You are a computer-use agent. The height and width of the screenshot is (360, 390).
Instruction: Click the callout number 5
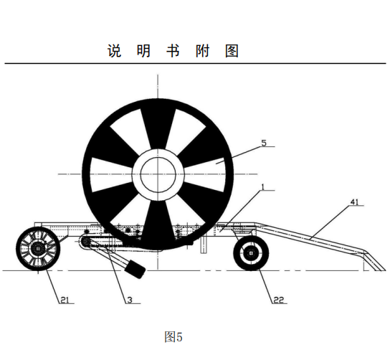click(264, 143)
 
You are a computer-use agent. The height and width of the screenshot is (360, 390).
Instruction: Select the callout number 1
click(262, 187)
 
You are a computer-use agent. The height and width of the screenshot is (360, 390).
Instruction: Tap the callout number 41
click(355, 202)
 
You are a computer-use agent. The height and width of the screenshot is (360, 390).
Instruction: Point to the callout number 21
click(65, 300)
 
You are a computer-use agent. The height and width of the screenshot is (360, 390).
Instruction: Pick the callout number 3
click(130, 300)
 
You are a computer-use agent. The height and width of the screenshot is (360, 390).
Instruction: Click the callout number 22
click(279, 300)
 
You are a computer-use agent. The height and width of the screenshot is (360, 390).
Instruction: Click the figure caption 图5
click(173, 337)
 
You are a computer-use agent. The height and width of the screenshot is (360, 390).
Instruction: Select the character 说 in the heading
click(115, 51)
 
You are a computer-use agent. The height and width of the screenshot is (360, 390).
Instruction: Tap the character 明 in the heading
click(144, 51)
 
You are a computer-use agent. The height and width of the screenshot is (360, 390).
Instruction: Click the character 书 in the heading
click(173, 51)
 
